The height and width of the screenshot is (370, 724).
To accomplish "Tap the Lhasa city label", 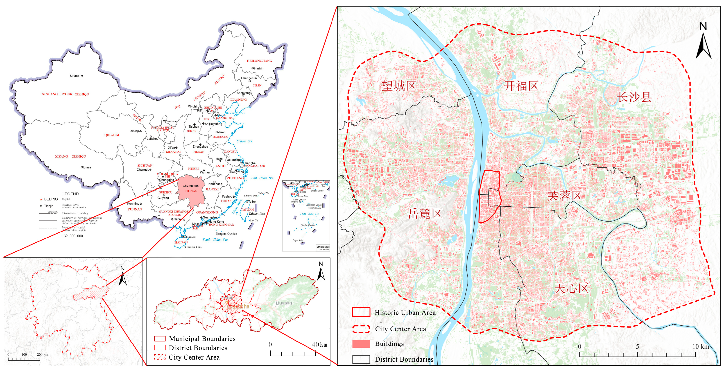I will tap(86, 167).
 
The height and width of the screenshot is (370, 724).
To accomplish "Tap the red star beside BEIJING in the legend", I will tap(41, 199).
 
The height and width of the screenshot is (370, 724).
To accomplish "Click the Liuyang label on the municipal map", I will tap(284, 303).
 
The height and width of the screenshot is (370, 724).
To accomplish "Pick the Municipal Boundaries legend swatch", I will tap(160, 339).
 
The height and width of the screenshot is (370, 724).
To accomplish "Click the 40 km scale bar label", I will tap(319, 345).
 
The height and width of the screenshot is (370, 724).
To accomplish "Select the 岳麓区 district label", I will tap(425, 214).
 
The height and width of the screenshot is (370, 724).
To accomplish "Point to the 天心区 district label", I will tap(571, 289).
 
